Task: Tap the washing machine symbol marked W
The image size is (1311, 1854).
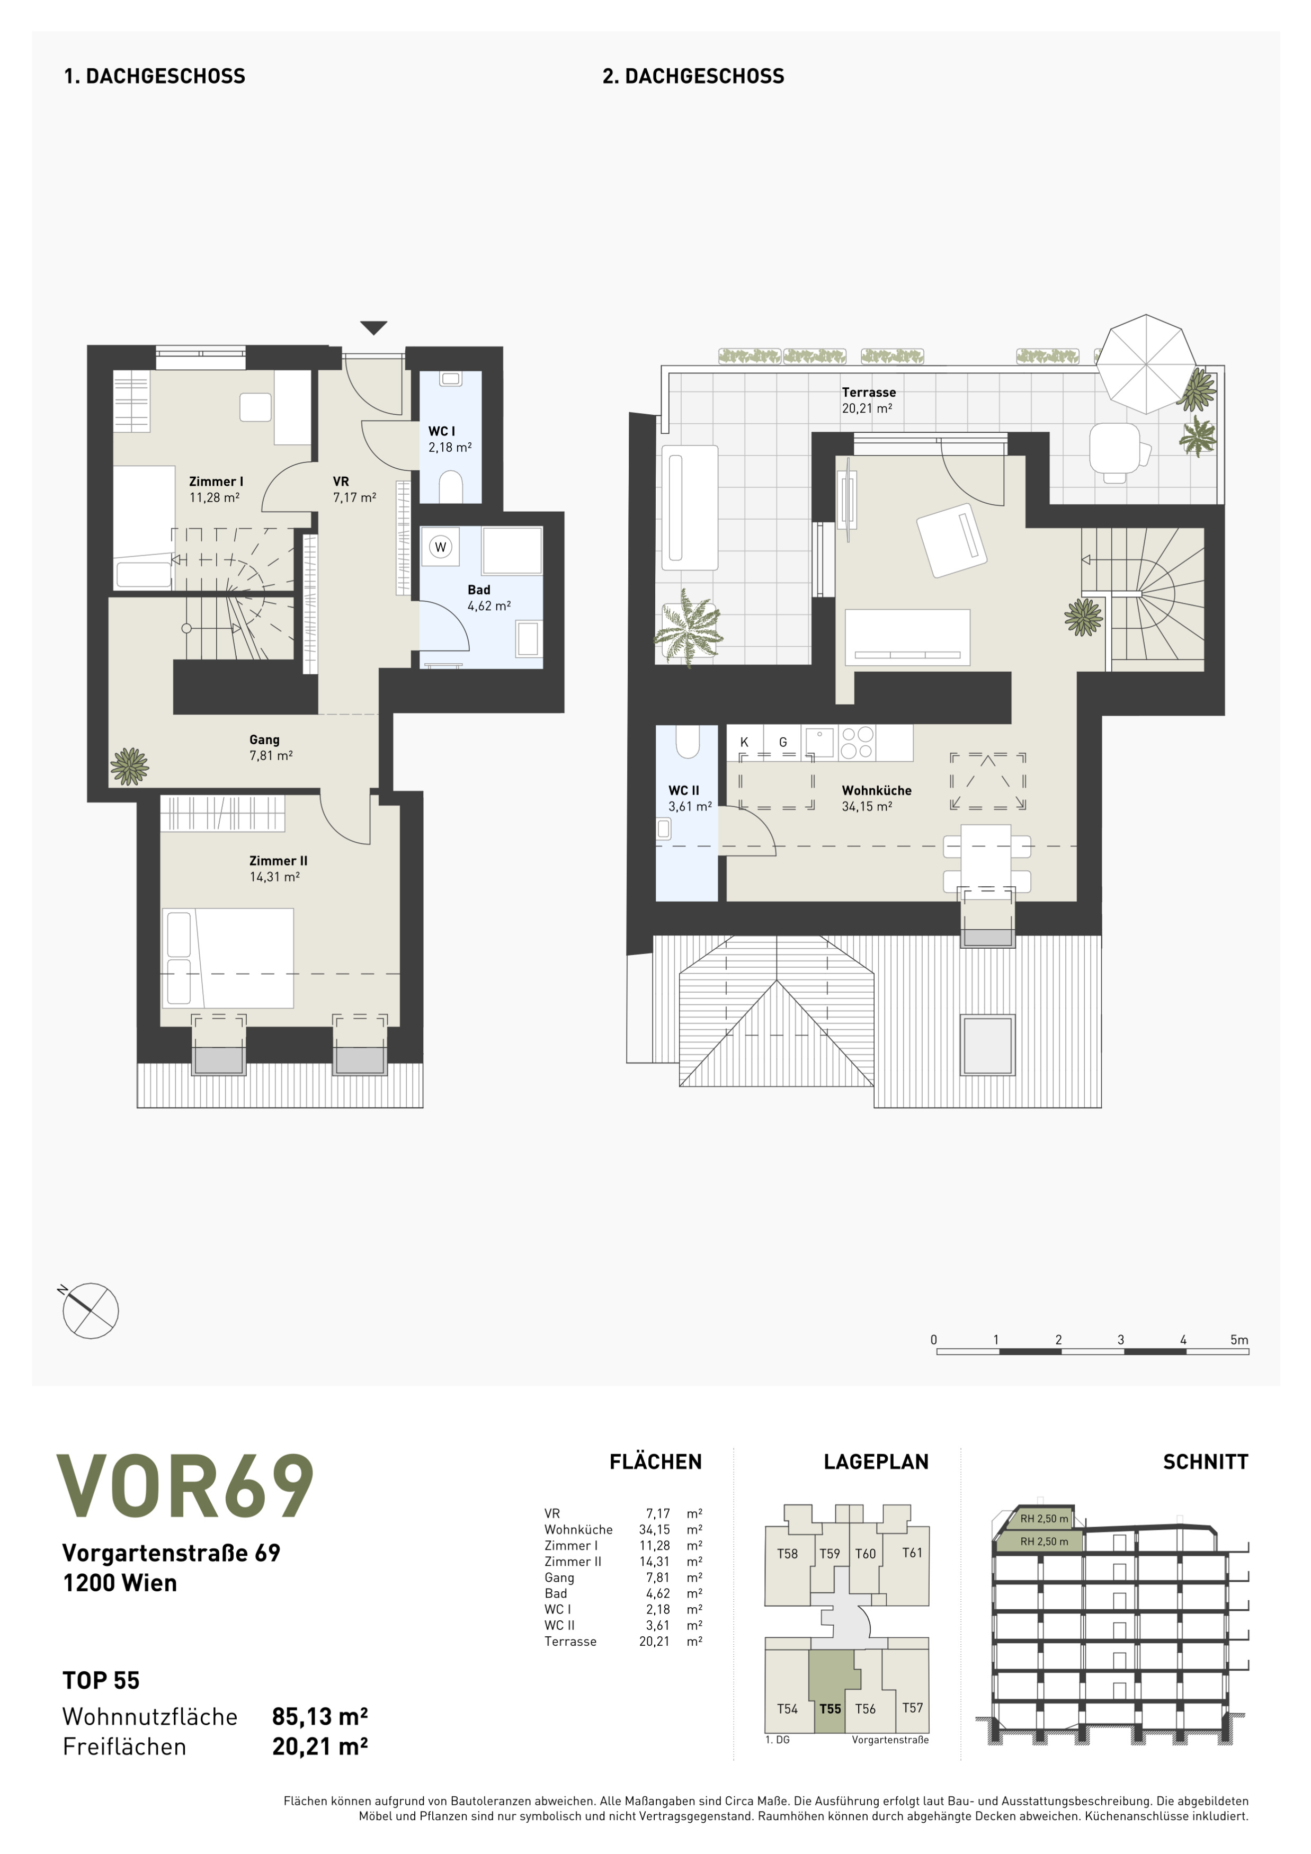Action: tap(440, 547)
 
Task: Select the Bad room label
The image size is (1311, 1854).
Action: tap(479, 590)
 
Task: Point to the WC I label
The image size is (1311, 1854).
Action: tap(442, 431)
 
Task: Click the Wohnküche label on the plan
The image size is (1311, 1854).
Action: tap(877, 790)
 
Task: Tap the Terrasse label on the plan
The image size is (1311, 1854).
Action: tap(869, 393)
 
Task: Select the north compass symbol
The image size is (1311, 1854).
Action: tap(90, 1311)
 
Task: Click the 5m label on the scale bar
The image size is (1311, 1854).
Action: tap(1239, 1340)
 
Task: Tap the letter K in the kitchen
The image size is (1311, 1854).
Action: tap(744, 742)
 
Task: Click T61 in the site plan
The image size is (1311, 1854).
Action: tap(912, 1553)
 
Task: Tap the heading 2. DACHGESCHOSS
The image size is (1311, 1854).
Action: tap(693, 77)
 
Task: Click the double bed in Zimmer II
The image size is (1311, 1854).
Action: tap(228, 958)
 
